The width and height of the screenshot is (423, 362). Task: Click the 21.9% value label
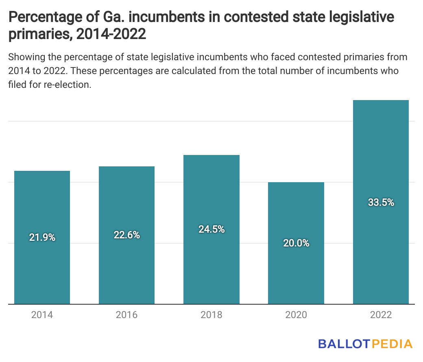point(42,238)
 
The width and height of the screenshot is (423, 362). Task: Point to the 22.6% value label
point(126,235)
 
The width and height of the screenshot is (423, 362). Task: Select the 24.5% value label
point(211,229)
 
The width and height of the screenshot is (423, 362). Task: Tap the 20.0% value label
point(296,243)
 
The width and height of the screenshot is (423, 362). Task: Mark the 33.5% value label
point(381,203)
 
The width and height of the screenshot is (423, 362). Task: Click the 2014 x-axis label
point(42,315)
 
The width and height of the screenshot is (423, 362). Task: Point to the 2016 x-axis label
point(126,315)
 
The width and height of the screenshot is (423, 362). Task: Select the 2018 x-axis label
point(211,315)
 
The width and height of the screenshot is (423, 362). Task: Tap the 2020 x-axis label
point(296,315)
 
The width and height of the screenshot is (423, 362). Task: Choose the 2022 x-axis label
point(380,315)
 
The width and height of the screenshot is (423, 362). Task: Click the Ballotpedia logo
point(365,344)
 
